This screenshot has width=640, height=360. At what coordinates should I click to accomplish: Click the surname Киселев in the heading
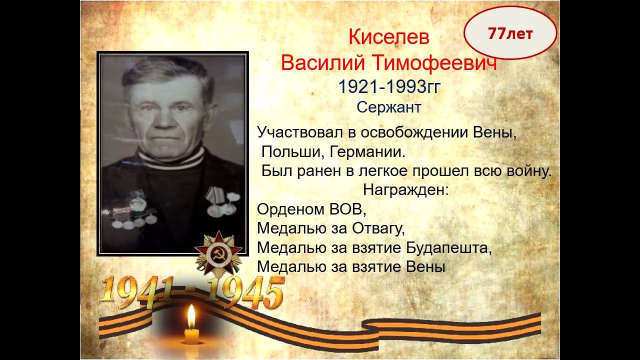pyautogui.click(x=388, y=37)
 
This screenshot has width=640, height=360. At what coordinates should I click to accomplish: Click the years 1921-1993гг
pyautogui.click(x=388, y=87)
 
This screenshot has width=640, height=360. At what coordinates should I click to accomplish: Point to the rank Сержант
pyautogui.click(x=388, y=107)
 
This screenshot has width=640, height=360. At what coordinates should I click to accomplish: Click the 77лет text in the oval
pyautogui.click(x=510, y=33)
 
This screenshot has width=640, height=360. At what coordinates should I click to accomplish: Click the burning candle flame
pyautogui.click(x=191, y=316)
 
